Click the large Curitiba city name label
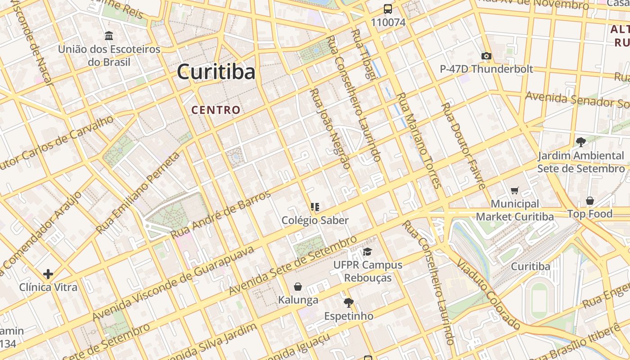216,72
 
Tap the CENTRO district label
216,110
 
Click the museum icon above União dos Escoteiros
108,36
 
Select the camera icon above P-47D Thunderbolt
486,56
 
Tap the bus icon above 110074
387,9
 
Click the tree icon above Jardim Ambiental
580,142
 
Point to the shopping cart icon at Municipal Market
515,191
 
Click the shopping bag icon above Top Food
589,201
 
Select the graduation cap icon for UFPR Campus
368,252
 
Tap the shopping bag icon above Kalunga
297,287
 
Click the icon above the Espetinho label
348,302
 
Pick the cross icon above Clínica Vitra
48,274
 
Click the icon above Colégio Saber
315,207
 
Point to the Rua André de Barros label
221,215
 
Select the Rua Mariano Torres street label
418,140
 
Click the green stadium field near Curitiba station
539,300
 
